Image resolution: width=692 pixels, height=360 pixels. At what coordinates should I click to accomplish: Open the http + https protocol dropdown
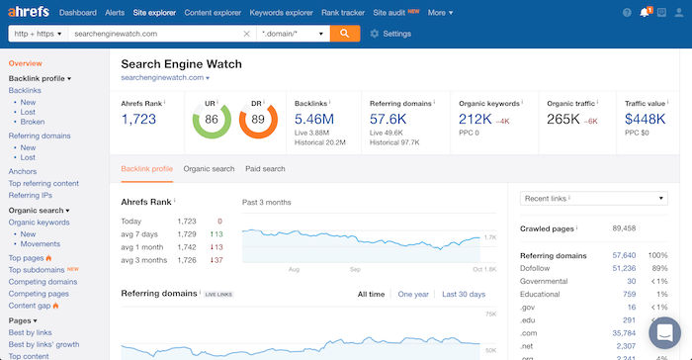tap(37, 34)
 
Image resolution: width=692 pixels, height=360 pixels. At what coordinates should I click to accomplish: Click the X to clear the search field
tap(247, 34)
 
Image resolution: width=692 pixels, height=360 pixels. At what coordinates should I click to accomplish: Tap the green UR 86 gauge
tap(211, 120)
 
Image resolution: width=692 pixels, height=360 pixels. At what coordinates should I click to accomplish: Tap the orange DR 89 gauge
tap(256, 120)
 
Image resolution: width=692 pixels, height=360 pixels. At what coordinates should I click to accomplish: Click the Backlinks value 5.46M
tap(315, 120)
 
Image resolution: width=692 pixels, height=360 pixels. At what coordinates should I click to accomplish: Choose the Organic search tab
tap(209, 169)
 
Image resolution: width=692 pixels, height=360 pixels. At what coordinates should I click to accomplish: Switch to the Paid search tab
tap(265, 169)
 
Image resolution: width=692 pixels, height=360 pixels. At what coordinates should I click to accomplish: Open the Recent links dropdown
tap(593, 199)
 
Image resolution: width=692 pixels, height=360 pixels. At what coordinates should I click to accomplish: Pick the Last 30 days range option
tap(464, 294)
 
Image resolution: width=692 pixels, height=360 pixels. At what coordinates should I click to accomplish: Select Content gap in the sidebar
tap(30, 306)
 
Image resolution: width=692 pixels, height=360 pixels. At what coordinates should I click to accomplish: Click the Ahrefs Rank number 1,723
tap(139, 120)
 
